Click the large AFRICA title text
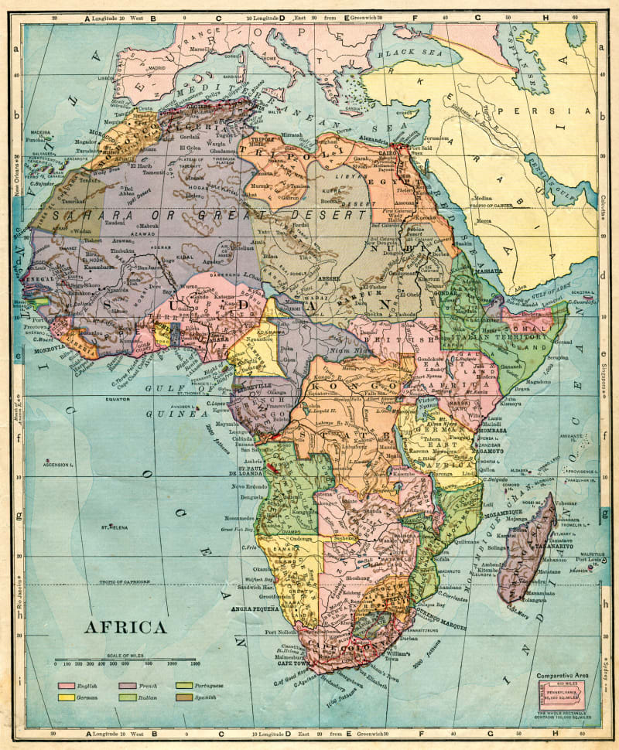125,626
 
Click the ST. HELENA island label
113,528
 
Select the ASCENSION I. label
59,465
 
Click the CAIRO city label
387,154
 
